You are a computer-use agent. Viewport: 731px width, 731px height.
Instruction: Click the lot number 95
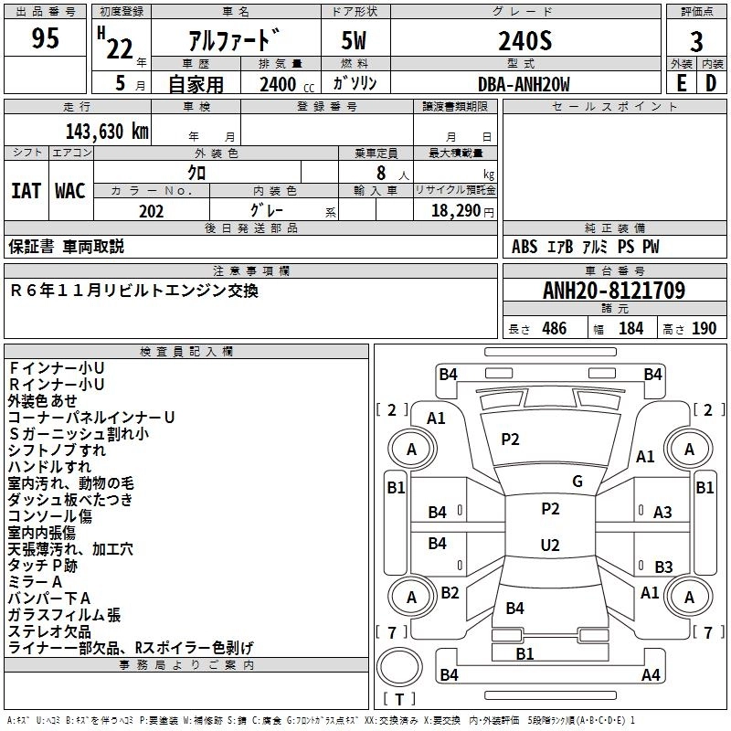(x=47, y=38)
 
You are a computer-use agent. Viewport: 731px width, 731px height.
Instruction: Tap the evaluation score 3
(x=696, y=42)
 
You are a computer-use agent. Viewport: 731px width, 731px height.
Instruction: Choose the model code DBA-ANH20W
(x=524, y=84)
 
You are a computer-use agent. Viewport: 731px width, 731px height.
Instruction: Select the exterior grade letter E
(x=681, y=83)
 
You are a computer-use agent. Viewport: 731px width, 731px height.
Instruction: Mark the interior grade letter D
(x=711, y=83)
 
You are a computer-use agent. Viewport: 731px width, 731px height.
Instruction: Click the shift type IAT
(x=26, y=191)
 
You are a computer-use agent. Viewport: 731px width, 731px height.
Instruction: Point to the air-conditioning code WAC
(x=69, y=191)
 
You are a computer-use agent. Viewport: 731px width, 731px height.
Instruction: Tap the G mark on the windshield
(x=577, y=481)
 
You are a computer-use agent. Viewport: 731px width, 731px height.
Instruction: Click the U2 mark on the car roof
(x=549, y=546)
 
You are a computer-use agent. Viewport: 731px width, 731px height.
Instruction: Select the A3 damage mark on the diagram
(x=662, y=513)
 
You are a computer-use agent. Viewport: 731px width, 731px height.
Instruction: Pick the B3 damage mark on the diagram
(x=662, y=567)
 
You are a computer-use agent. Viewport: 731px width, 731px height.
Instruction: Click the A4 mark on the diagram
(x=651, y=675)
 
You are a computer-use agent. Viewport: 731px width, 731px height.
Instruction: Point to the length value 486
(x=554, y=329)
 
